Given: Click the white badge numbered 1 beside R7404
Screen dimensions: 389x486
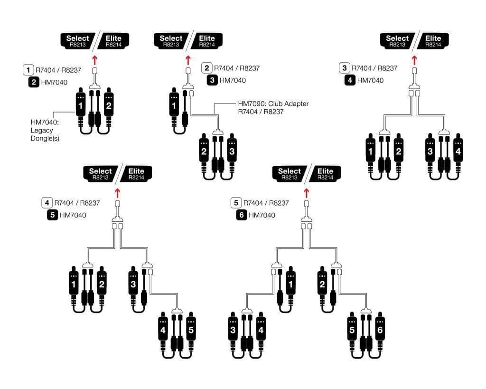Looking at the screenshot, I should click(x=28, y=70).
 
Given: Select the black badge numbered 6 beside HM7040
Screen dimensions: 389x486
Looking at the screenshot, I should click(x=241, y=215).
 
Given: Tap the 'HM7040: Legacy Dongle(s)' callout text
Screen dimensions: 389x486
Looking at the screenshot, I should click(x=45, y=130).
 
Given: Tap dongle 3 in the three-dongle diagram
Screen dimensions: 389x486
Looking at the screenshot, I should click(x=231, y=152).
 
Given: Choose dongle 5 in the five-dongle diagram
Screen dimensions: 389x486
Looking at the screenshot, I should click(x=191, y=330).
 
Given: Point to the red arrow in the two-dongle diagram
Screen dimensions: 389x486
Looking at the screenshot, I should click(x=95, y=59).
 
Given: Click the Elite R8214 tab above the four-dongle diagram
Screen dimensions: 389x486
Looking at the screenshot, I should click(x=432, y=41).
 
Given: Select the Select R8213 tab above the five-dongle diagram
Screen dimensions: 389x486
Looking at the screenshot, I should click(x=101, y=174).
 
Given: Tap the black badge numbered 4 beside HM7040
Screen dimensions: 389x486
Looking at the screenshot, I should click(x=350, y=80).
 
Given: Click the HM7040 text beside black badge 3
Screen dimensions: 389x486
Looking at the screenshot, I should click(x=233, y=80).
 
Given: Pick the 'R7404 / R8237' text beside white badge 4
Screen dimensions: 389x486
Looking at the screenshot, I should click(x=77, y=203).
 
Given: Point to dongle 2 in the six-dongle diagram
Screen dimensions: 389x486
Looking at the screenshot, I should click(x=322, y=285).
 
